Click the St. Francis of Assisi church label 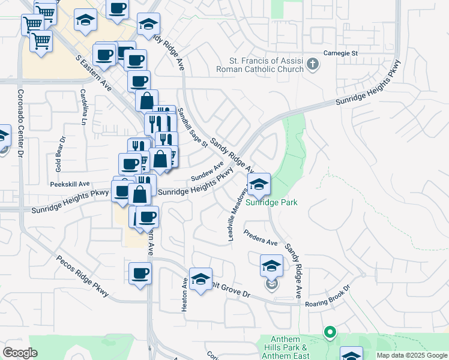coord(268,65)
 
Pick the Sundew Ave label coord(207,171)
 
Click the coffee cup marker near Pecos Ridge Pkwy coord(140,274)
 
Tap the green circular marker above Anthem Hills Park coord(329,331)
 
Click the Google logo coord(20,353)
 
